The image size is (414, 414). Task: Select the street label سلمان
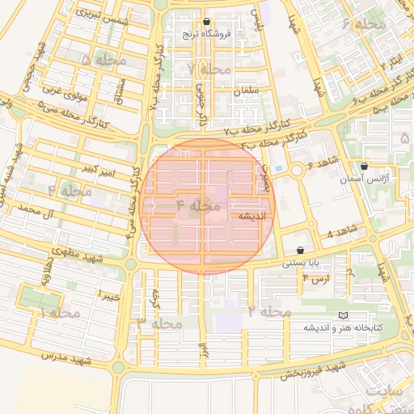click(246, 91)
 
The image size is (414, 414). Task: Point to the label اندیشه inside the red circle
click(247, 217)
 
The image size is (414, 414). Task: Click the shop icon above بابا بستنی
click(302, 251)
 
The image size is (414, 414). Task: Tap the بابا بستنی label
click(299, 263)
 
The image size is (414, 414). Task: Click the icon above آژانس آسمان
click(365, 166)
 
